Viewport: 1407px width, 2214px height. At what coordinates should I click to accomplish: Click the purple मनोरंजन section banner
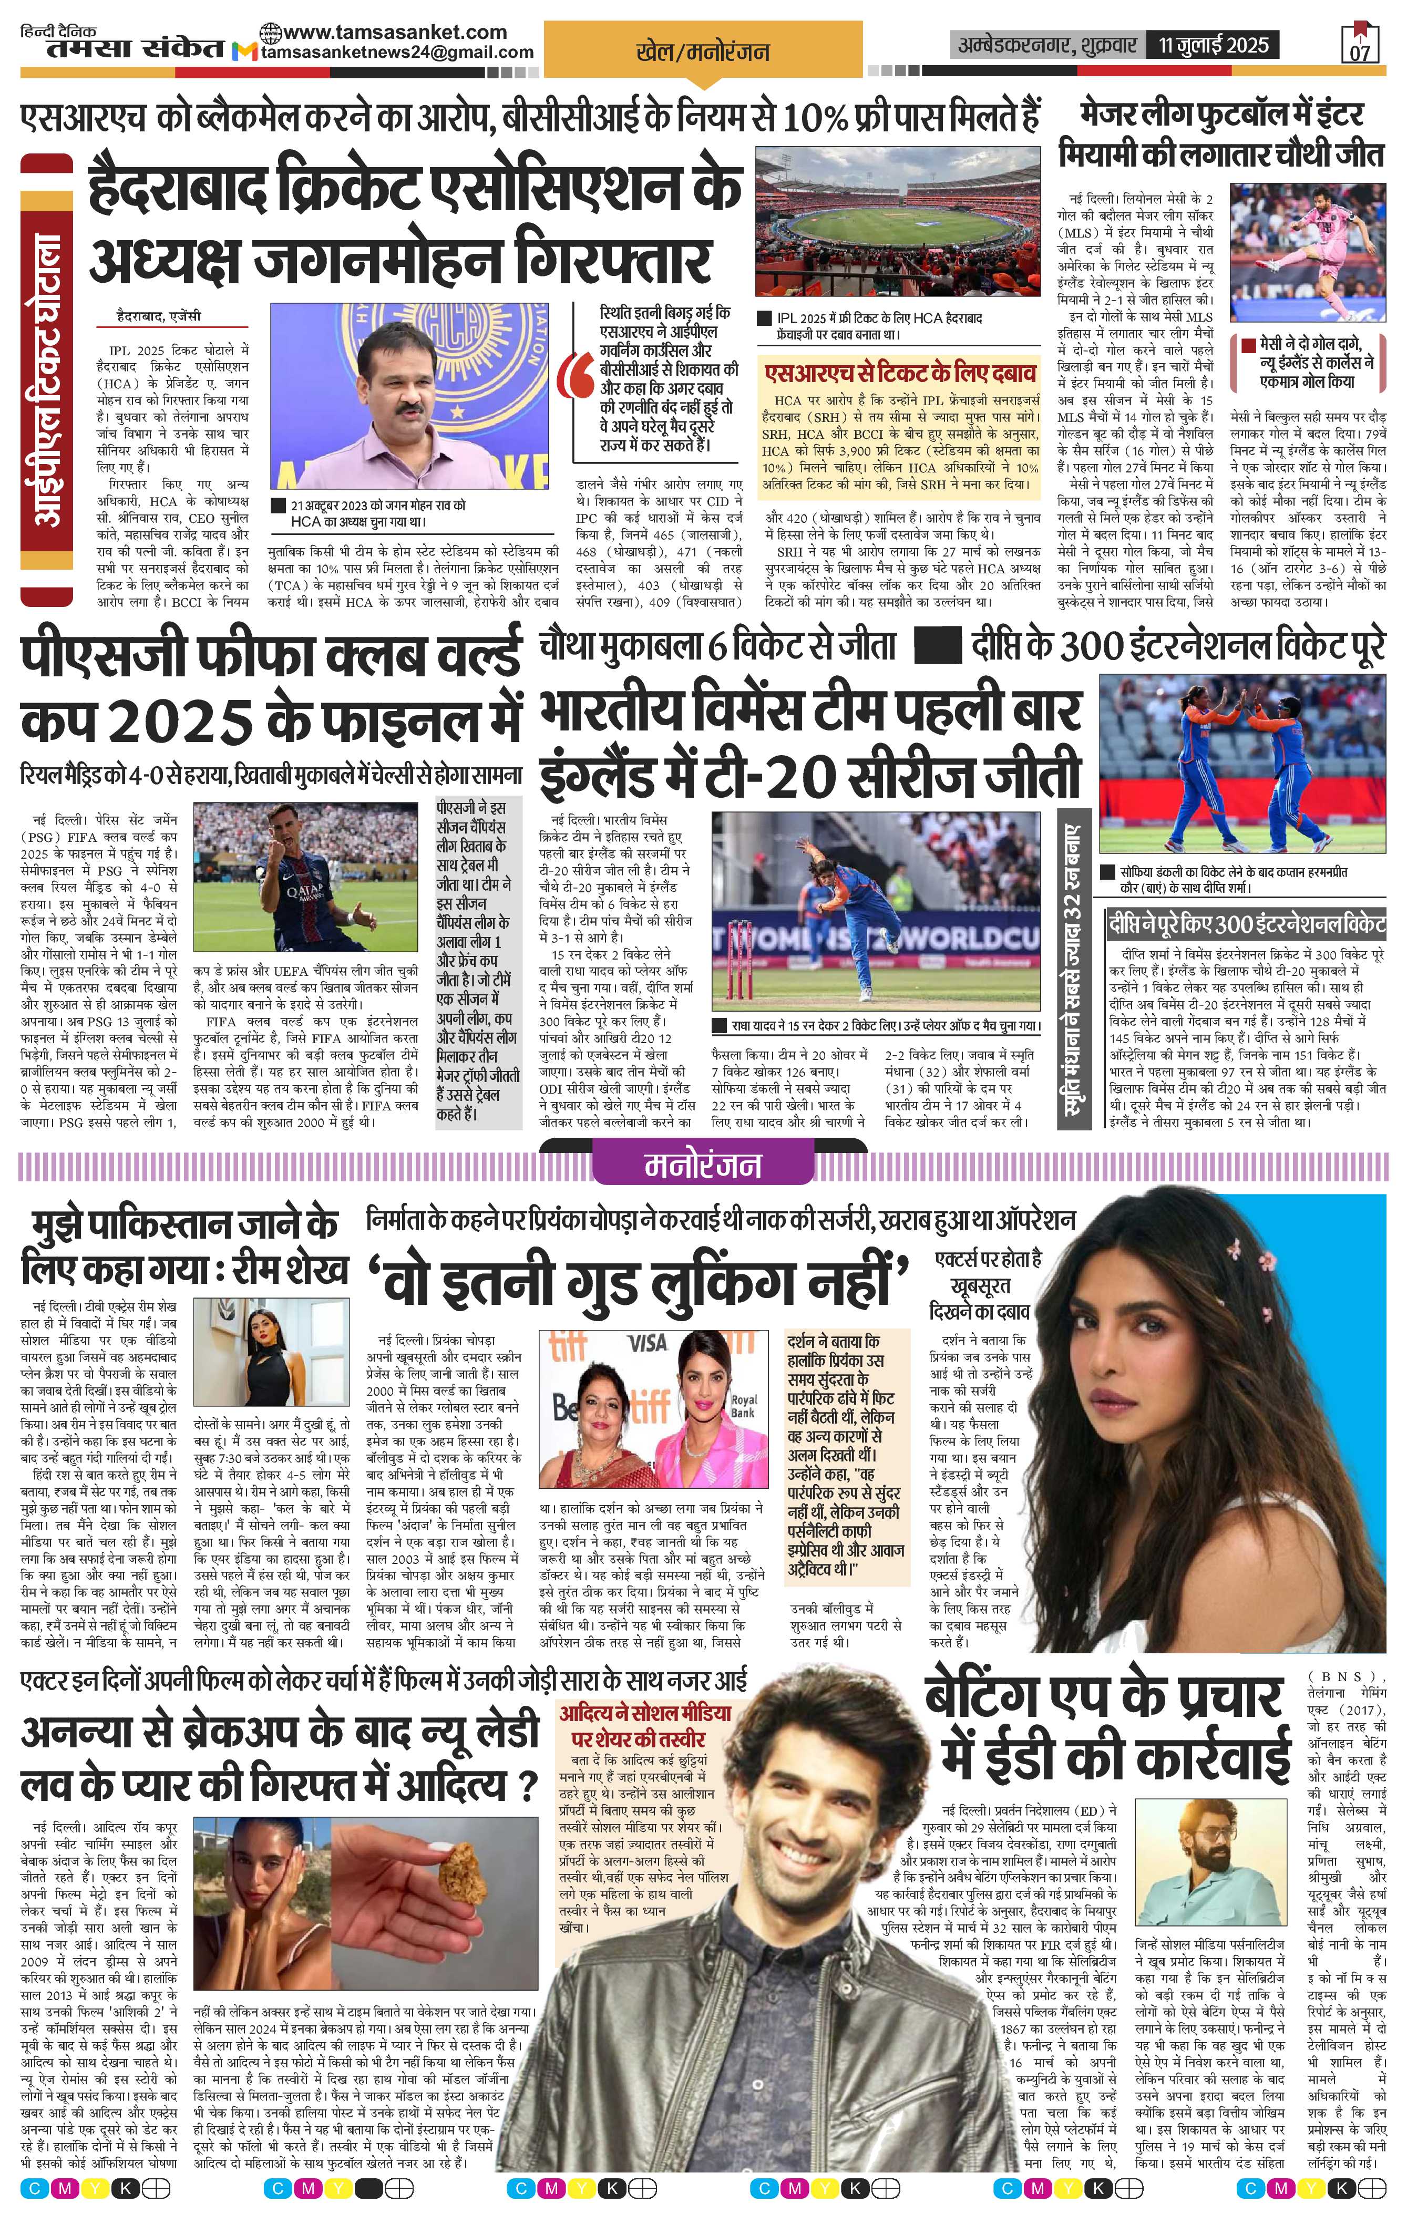tap(703, 1165)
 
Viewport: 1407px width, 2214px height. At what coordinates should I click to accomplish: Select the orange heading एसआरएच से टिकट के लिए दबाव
tap(899, 373)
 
